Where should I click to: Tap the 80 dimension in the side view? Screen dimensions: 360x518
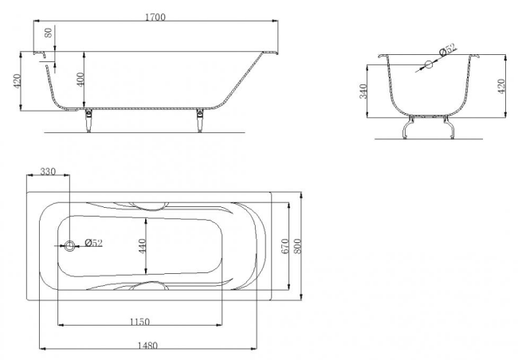[49, 34]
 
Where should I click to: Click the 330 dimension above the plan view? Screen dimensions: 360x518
[49, 172]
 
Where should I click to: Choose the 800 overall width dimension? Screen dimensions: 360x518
[299, 245]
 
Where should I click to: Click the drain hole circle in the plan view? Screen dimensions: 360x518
[70, 246]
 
